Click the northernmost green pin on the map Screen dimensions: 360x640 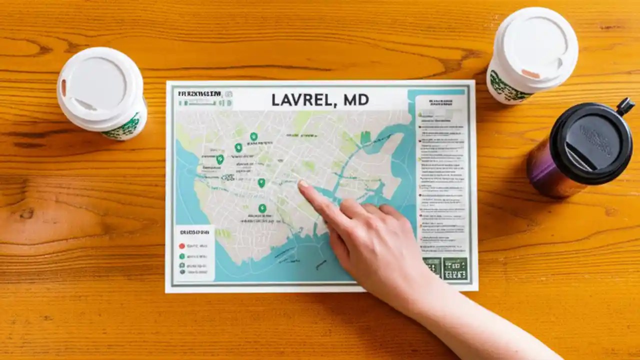pyautogui.click(x=253, y=136)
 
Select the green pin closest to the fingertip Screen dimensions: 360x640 pyautogui.click(x=261, y=183)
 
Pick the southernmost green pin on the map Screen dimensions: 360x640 pyautogui.click(x=262, y=208)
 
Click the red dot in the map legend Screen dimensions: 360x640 pyautogui.click(x=182, y=246)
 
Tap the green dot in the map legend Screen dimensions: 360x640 pyautogui.click(x=182, y=256)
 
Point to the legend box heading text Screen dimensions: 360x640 pyautogui.click(x=194, y=232)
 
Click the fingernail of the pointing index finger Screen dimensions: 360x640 pyautogui.click(x=303, y=184)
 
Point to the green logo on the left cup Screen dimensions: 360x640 pyautogui.click(x=123, y=127)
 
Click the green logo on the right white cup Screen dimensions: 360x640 pyautogui.click(x=505, y=88)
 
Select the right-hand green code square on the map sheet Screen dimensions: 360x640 pyautogui.click(x=455, y=268)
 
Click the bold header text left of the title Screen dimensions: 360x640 pyautogui.click(x=199, y=93)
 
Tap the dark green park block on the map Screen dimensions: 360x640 pyautogui.click(x=365, y=137)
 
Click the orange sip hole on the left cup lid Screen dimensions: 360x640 pyautogui.click(x=63, y=88)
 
